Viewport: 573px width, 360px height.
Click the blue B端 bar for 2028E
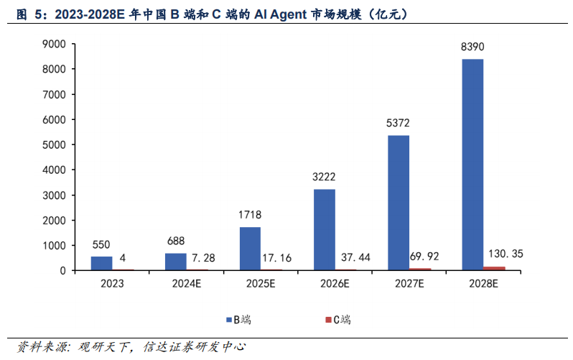click(x=472, y=165)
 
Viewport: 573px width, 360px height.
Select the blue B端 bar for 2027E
click(x=399, y=203)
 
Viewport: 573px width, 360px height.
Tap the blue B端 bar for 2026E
click(x=325, y=230)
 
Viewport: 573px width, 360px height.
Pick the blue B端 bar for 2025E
click(x=250, y=249)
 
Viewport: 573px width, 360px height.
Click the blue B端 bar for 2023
click(x=102, y=263)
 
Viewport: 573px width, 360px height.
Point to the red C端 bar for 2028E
click(x=495, y=268)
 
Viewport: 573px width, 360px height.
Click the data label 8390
click(x=472, y=47)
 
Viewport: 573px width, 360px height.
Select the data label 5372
click(x=399, y=124)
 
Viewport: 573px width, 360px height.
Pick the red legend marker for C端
click(x=328, y=319)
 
